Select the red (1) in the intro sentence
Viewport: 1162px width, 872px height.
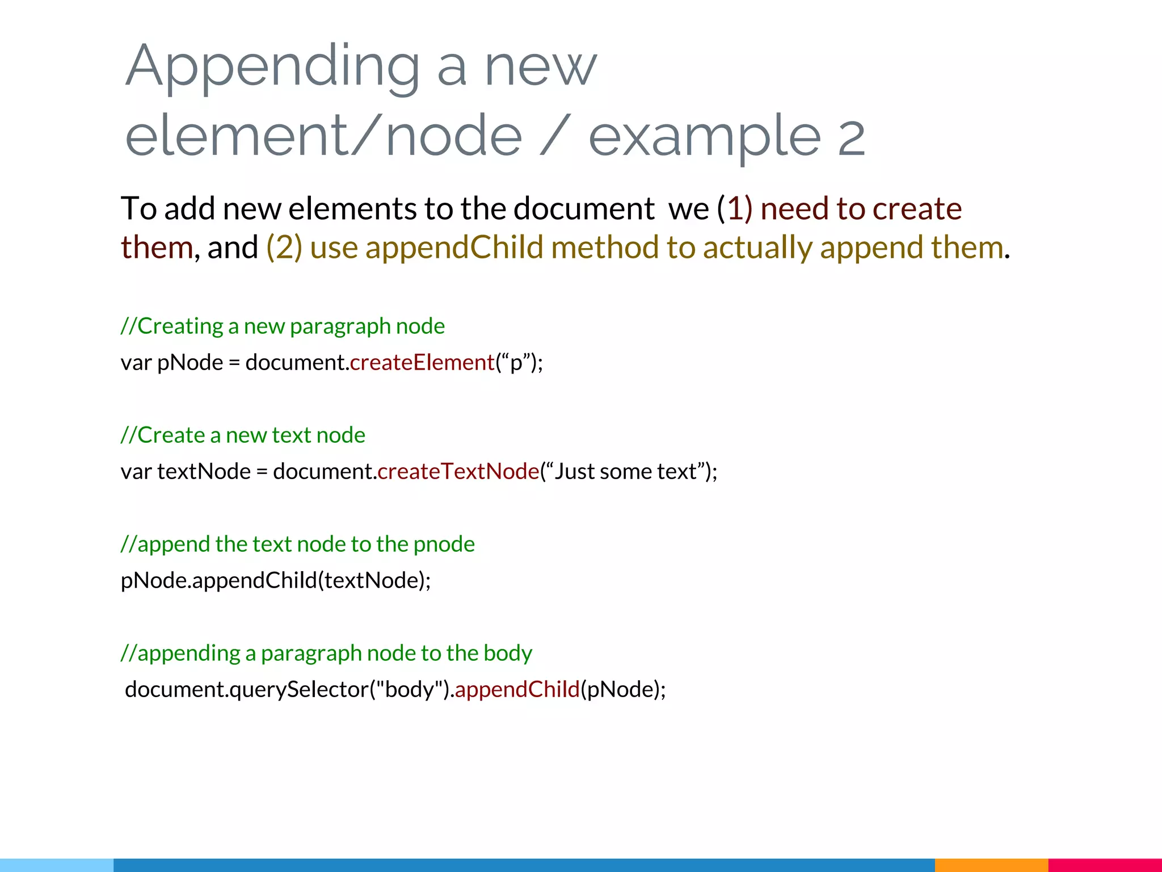[x=735, y=208]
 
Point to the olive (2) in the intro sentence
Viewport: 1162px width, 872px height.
[x=284, y=248]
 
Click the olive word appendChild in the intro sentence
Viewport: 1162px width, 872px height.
[x=454, y=248]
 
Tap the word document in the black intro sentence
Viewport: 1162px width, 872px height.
[x=584, y=208]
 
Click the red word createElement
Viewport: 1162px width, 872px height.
[x=423, y=362]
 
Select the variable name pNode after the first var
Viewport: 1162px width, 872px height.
[x=190, y=362]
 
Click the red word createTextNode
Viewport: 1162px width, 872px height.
[x=458, y=471]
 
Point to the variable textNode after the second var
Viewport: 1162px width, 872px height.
[x=204, y=471]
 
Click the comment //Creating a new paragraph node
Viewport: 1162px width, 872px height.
[x=283, y=326]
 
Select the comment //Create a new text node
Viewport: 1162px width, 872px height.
[x=243, y=435]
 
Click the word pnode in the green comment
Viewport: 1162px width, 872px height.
[x=444, y=544]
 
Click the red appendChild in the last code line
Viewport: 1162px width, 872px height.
[x=517, y=689]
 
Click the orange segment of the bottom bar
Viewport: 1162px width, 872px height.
[x=991, y=865]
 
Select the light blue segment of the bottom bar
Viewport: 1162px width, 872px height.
[x=57, y=865]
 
